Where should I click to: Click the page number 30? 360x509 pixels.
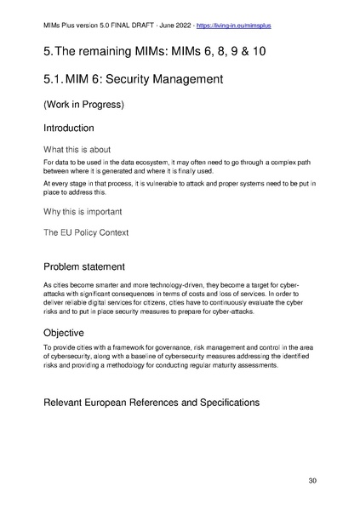(x=312, y=482)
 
